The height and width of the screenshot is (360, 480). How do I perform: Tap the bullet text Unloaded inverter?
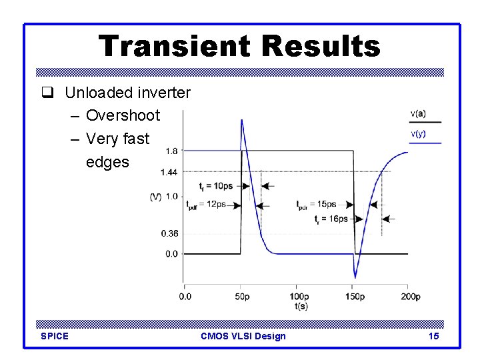click(x=127, y=93)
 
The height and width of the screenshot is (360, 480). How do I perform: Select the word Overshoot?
click(x=123, y=115)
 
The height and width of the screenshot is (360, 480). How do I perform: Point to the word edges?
click(x=107, y=161)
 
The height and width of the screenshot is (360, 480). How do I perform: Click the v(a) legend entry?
click(x=419, y=114)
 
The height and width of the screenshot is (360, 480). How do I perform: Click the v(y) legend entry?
click(x=419, y=134)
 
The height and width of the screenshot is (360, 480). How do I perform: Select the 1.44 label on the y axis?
click(x=169, y=172)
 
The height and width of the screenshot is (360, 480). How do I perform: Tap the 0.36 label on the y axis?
click(x=169, y=233)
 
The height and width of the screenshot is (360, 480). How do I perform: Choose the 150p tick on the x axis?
click(x=354, y=296)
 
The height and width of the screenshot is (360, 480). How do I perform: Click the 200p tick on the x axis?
click(x=410, y=296)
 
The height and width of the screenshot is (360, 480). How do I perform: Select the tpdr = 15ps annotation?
click(x=317, y=205)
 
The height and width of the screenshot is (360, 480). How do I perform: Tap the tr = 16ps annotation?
click(x=330, y=218)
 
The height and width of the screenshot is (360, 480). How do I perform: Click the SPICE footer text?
click(x=55, y=336)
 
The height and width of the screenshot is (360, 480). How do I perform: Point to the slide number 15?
click(x=433, y=336)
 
